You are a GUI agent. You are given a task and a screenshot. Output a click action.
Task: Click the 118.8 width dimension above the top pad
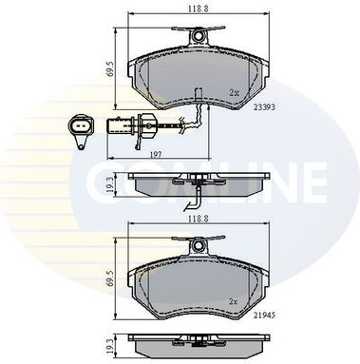click(x=199, y=9)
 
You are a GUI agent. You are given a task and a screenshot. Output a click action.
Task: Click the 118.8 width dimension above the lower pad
click(x=199, y=219)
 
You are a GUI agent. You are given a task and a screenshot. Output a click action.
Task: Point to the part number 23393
click(x=264, y=107)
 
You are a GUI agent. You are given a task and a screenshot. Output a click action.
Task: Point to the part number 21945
click(x=264, y=316)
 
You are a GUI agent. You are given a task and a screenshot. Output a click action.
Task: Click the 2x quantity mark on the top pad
click(x=234, y=93)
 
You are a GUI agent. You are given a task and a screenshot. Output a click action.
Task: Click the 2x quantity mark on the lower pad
click(x=234, y=301)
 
